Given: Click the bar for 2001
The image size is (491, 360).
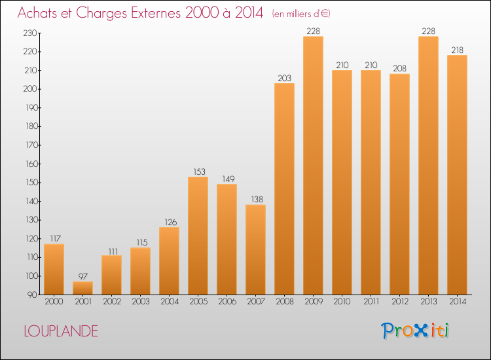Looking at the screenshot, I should (x=82, y=288).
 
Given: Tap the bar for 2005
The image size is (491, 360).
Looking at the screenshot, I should (x=198, y=236).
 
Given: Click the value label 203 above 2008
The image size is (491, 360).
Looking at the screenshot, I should (x=284, y=79).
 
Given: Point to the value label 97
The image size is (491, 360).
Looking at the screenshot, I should (x=82, y=277).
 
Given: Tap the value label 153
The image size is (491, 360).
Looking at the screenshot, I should (x=198, y=172).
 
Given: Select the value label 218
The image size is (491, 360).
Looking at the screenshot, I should (x=457, y=50).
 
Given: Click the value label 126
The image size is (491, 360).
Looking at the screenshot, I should (x=169, y=223).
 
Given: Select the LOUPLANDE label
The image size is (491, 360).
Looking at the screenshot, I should (x=61, y=331).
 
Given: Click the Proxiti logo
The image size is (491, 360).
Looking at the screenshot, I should (x=416, y=331).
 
